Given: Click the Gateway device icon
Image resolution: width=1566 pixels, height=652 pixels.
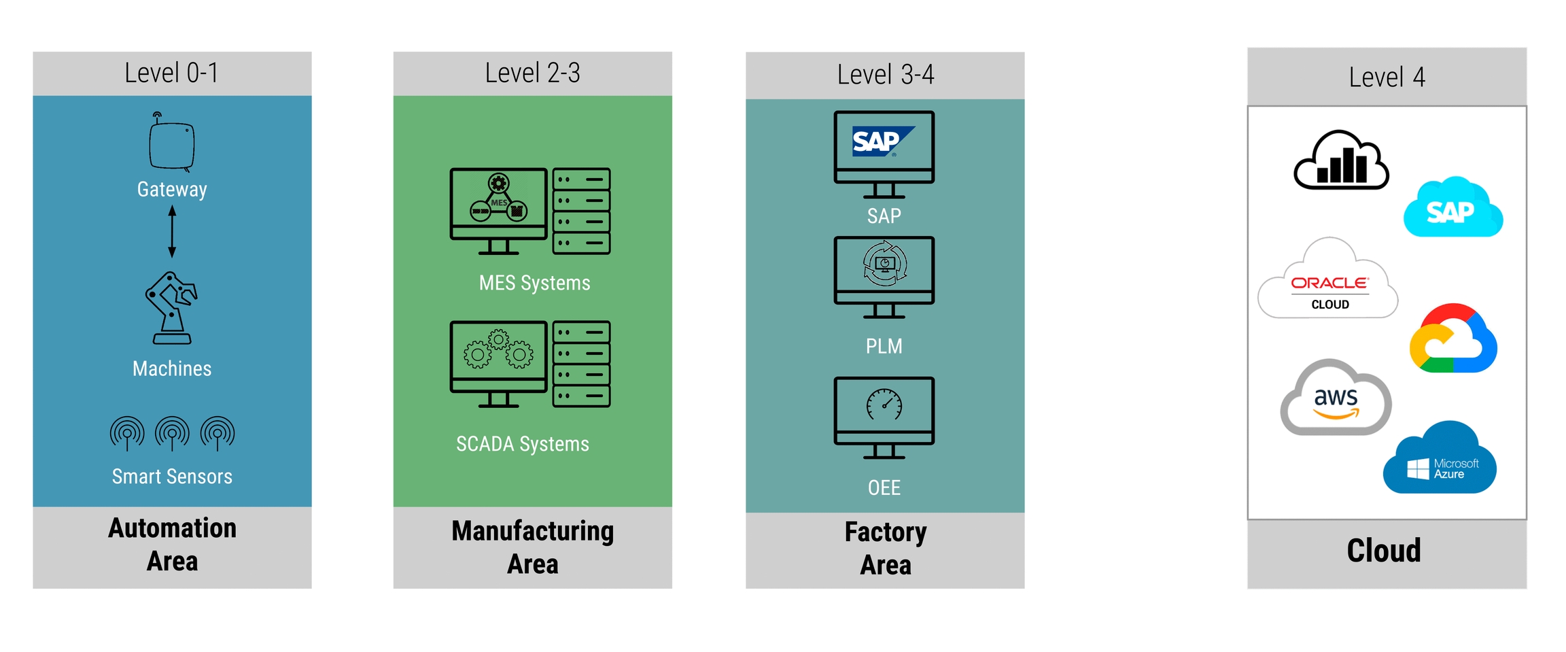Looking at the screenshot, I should coord(171,144).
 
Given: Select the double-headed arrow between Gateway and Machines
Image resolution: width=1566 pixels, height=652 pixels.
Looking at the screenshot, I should coord(172,232).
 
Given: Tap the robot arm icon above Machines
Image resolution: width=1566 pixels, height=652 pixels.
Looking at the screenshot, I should coord(171,308).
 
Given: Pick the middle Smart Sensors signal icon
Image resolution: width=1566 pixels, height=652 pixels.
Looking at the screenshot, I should coord(172,433).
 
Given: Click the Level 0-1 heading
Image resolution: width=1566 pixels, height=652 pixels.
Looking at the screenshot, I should coord(172,73).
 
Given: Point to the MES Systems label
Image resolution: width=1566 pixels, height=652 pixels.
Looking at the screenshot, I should coord(534,283).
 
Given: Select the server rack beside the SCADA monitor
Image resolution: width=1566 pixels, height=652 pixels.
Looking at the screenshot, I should coord(581,364).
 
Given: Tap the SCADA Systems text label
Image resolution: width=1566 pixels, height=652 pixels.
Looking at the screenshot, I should coord(522,444).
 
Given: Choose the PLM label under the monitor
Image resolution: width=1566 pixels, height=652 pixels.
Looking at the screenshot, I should coord(884,346).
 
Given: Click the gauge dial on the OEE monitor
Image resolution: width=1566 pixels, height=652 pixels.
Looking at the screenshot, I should coord(884,405).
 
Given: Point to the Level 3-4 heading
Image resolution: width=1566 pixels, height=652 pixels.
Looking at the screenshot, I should coord(885,75).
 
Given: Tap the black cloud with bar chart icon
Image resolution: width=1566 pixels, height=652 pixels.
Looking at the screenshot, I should coord(1340,161).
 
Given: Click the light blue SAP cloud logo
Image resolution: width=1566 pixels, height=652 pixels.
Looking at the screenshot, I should coord(1452,209).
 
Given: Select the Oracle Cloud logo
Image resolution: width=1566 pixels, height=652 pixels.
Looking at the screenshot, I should coord(1329,286).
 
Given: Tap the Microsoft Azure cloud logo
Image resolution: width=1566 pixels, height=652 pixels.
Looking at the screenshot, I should coord(1441,461).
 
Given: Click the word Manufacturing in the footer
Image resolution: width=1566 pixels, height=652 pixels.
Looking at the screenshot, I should coord(532,531).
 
